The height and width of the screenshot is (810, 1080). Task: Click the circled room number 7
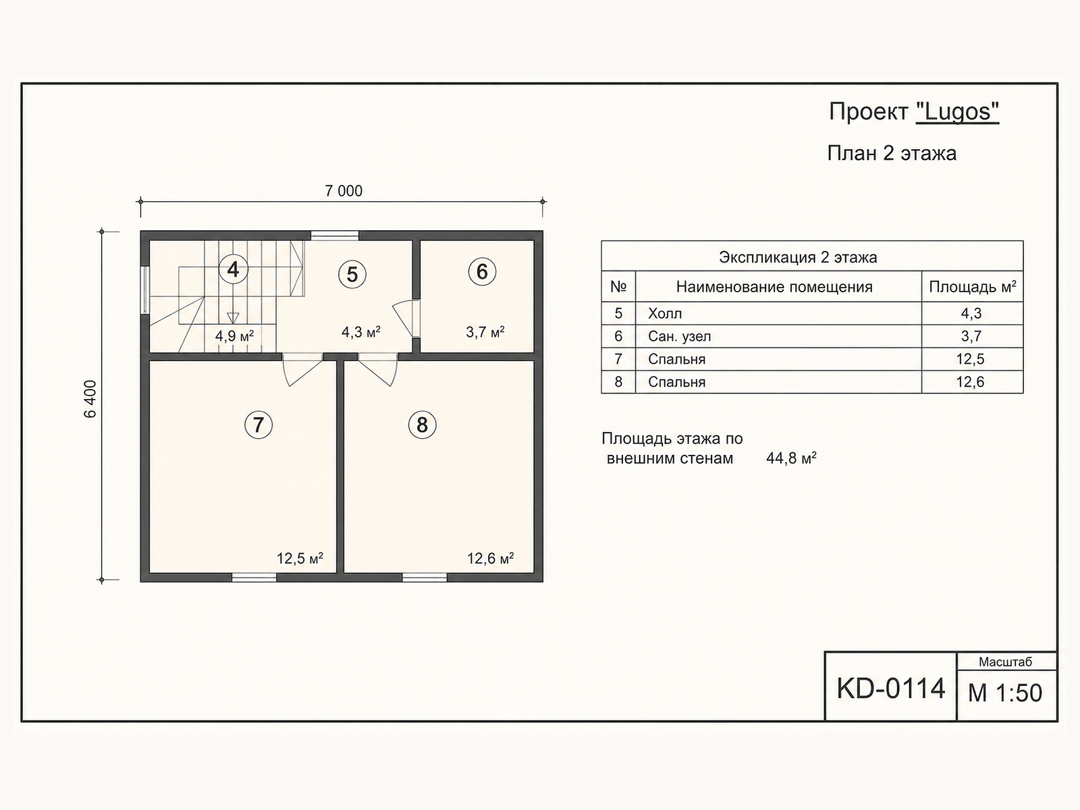pos(259,425)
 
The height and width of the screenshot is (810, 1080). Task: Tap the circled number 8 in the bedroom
pos(422,425)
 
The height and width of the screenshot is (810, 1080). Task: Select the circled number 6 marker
pos(482,271)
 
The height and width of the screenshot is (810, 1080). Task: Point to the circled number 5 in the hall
pos(352,274)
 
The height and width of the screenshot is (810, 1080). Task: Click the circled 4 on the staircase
pos(234,269)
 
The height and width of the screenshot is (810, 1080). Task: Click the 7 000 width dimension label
pos(344,191)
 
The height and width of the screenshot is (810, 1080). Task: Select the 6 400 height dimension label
pos(91,399)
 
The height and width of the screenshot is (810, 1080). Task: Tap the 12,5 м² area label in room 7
pos(300,558)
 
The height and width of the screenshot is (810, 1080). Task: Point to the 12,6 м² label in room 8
pos(490,558)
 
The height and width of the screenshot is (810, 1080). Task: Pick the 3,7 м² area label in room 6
pos(485,332)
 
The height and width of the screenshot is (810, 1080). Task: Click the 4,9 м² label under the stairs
pos(234,336)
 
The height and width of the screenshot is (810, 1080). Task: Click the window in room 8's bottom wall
pos(425,577)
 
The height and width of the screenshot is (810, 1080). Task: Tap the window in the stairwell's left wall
pos(144,290)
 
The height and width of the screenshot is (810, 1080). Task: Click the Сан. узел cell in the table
pos(679,336)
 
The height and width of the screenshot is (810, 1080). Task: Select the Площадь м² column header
pos(972,287)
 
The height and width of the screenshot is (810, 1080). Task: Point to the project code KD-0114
pos(890,688)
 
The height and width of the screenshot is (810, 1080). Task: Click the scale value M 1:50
pos(1005,693)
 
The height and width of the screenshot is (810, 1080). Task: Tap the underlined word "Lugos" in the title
pos(957,112)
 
